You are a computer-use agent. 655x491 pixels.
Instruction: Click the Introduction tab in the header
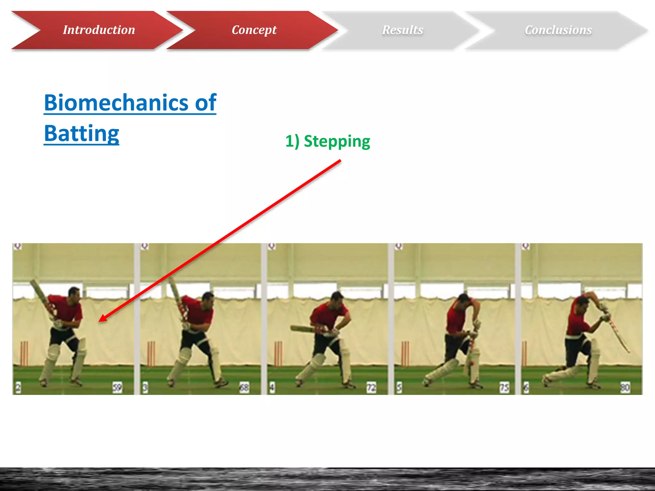[x=99, y=30]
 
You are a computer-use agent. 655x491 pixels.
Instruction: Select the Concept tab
[x=254, y=30]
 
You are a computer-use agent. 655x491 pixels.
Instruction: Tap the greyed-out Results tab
[x=402, y=30]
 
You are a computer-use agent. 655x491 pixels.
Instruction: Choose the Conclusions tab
[x=558, y=30]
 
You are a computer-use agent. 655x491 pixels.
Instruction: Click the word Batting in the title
[x=82, y=133]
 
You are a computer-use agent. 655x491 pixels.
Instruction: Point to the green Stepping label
[x=327, y=141]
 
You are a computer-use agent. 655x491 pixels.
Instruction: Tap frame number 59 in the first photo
[x=117, y=387]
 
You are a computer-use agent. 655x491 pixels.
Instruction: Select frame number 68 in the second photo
[x=244, y=387]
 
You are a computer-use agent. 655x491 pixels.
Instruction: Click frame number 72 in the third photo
[x=371, y=387]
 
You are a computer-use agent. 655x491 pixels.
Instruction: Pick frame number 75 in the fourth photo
[x=504, y=387]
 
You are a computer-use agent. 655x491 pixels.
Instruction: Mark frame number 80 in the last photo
[x=625, y=387]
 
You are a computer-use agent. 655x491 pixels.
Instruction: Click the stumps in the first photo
[x=24, y=353]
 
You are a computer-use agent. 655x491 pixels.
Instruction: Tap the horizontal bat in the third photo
[x=304, y=329]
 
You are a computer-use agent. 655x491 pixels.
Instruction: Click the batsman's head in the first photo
[x=75, y=292]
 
